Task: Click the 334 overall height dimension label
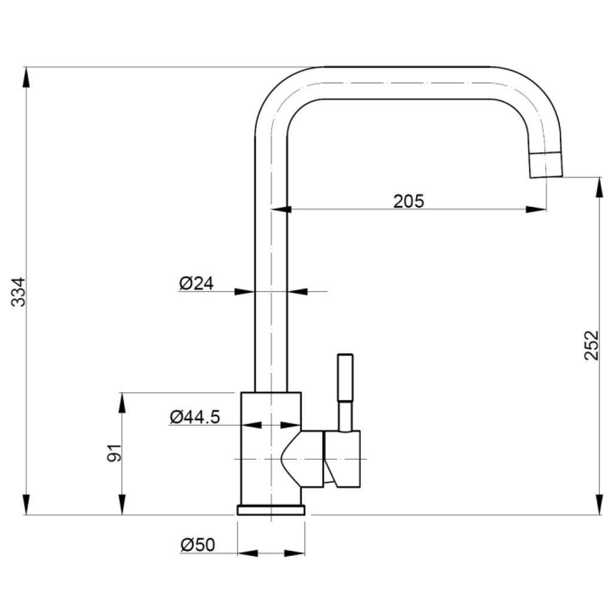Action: pos(20,291)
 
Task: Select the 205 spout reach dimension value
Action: pos(408,201)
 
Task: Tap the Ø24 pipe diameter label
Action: pos(196,283)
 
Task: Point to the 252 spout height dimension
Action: pos(591,345)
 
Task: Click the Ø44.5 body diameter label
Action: pos(194,417)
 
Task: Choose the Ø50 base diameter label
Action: pos(197,544)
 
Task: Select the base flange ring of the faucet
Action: pos(272,509)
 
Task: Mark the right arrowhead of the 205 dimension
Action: pos(535,209)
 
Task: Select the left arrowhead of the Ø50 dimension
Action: pos(247,553)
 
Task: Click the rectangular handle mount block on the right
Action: pos(343,458)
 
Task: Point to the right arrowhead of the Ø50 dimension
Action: pos(295,553)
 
